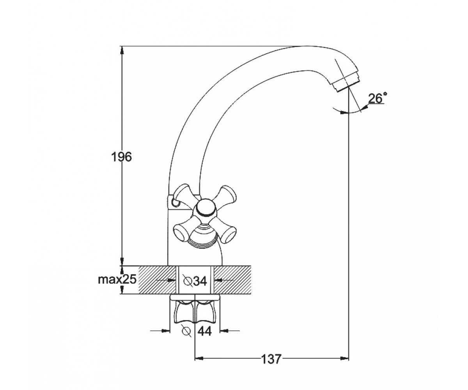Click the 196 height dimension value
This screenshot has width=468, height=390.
coord(121,157)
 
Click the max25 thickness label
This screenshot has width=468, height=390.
coord(117,280)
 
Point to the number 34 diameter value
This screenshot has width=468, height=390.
coord(199,281)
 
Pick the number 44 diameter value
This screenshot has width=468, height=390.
coord(205,331)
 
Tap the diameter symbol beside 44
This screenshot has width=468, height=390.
coord(187,331)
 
